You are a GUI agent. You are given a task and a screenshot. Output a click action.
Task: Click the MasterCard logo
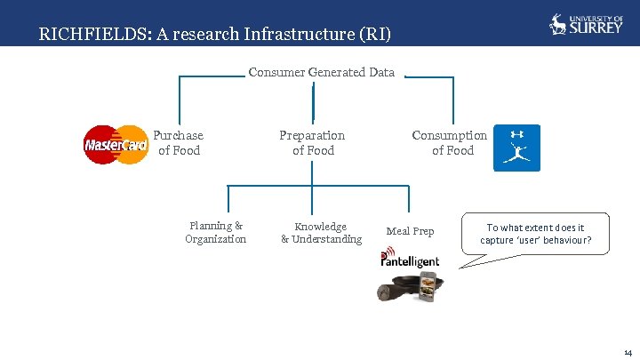click(116, 145)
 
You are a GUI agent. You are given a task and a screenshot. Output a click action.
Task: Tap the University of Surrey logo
click(586, 24)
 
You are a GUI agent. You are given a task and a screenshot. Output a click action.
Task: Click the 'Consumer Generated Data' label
click(321, 72)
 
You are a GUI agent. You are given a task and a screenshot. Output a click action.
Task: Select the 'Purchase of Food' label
click(179, 143)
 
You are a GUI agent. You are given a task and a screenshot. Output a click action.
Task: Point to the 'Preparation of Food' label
click(312, 143)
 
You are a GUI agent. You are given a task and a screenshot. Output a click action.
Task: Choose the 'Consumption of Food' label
click(450, 143)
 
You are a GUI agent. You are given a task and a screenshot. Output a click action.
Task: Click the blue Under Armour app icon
click(516, 148)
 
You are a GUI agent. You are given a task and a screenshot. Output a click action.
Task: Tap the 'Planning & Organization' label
click(216, 233)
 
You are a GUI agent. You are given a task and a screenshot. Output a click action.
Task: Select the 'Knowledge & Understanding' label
click(321, 233)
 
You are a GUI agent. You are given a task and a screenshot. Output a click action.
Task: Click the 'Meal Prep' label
click(410, 231)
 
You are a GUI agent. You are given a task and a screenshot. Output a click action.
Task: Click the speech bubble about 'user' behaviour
click(535, 234)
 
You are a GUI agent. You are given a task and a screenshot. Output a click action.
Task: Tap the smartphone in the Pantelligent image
click(430, 286)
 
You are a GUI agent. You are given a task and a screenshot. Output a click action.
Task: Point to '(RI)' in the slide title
click(372, 36)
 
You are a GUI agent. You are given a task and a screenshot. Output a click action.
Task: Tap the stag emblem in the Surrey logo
click(558, 24)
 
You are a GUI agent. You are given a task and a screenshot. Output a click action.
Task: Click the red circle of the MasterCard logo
click(100, 145)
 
